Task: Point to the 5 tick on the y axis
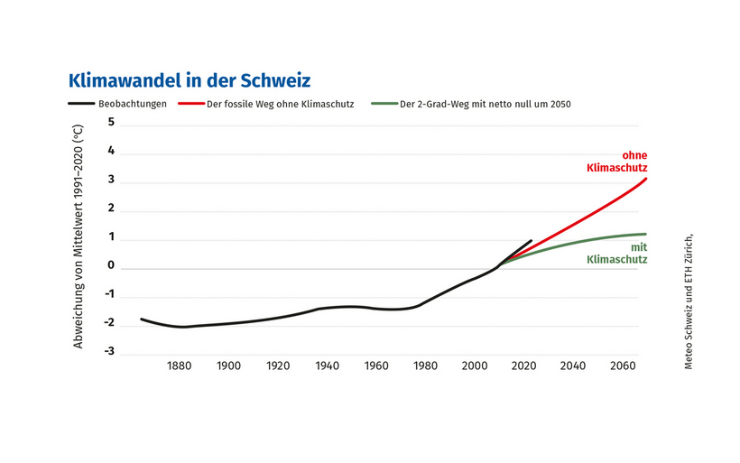[111, 122]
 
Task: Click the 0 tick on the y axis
[111, 265]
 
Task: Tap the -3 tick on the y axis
[109, 352]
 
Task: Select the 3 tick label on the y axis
[111, 180]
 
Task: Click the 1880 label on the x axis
[179, 366]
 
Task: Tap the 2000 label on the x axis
[475, 366]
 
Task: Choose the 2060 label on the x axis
[622, 366]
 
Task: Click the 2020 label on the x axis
[523, 366]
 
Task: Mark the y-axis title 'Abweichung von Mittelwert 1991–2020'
[79, 236]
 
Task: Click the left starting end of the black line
[142, 319]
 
